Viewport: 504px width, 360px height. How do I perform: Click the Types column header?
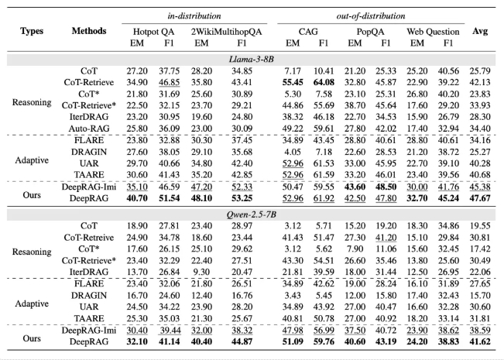pyautogui.click(x=32, y=31)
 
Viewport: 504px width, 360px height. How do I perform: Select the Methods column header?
pyautogui.click(x=89, y=31)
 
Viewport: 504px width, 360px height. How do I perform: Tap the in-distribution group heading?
pyautogui.click(x=194, y=15)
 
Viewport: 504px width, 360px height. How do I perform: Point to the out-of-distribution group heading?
pyautogui.click(x=371, y=15)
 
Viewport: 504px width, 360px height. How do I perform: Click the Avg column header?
pyautogui.click(x=480, y=31)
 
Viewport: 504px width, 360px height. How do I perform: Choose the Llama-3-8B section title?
pyautogui.click(x=252, y=60)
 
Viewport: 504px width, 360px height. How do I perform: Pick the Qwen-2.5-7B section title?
pyautogui.click(x=252, y=214)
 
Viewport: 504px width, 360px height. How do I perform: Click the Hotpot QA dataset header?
pyautogui.click(x=153, y=32)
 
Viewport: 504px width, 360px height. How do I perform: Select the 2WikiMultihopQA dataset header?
pyautogui.click(x=227, y=32)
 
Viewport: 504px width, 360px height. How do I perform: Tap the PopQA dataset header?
pyautogui.click(x=370, y=32)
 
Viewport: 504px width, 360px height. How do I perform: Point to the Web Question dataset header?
pyautogui.click(x=433, y=32)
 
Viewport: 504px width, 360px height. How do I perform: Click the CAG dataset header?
pyautogui.click(x=308, y=32)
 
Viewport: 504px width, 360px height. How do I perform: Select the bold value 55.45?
pyautogui.click(x=293, y=83)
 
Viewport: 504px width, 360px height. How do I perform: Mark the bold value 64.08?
pyautogui.click(x=324, y=83)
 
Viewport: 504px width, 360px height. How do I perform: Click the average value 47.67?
pyautogui.click(x=480, y=198)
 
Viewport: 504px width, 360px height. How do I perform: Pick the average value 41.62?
pyautogui.click(x=480, y=341)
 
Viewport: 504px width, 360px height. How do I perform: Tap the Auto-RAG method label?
pyautogui.click(x=89, y=129)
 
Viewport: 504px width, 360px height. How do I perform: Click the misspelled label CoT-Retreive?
pyautogui.click(x=89, y=238)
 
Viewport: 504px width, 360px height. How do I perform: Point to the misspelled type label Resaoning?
pyautogui.click(x=32, y=252)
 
